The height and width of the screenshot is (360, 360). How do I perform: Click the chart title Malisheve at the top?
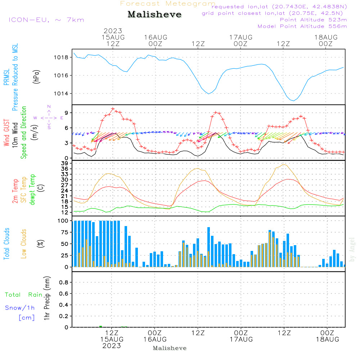pyautogui.click(x=154, y=15)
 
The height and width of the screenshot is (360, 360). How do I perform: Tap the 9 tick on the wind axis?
pyautogui.click(x=67, y=113)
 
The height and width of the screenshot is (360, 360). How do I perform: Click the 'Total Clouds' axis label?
pyautogui.click(x=6, y=244)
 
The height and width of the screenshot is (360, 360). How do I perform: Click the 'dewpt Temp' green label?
pyautogui.click(x=32, y=190)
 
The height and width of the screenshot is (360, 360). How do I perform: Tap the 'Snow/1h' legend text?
pyautogui.click(x=20, y=308)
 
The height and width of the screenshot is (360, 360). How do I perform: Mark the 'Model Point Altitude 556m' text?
pyautogui.click(x=302, y=26)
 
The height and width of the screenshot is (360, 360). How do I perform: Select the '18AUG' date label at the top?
pyautogui.click(x=326, y=37)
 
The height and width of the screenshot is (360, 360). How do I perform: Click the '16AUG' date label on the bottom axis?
pyautogui.click(x=155, y=339)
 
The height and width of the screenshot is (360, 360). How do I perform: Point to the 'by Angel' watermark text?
pyautogui.click(x=352, y=249)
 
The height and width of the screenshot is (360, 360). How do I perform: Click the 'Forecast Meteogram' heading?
pyautogui.click(x=167, y=4)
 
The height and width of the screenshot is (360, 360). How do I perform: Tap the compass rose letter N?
pyautogui.click(x=49, y=107)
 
